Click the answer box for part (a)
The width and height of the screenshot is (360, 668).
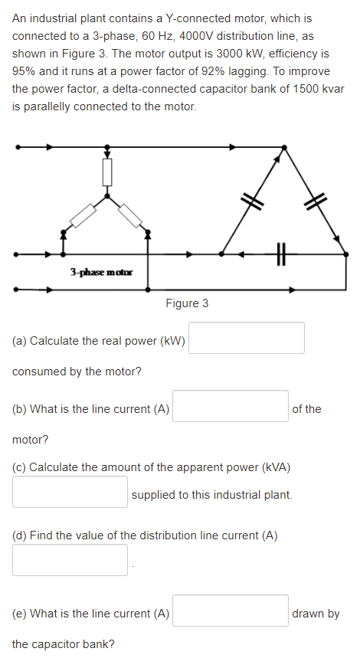pos(247,338)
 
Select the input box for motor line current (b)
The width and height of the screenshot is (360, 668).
pos(230,406)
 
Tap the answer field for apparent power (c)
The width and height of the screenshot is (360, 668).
pos(70,492)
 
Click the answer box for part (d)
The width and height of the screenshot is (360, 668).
pos(70,560)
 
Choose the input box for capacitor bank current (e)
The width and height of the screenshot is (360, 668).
pos(230,611)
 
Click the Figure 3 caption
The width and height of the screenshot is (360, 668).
pos(187,303)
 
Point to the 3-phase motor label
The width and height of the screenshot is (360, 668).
pos(101,272)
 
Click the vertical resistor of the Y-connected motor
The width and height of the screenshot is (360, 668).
pos(107,172)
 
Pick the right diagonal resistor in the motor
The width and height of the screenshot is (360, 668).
pos(131,215)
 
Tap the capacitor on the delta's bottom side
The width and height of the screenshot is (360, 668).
pos(280,252)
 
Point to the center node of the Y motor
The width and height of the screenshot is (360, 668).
pos(107,195)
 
